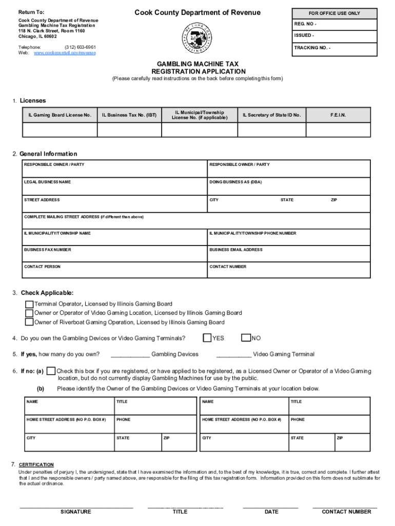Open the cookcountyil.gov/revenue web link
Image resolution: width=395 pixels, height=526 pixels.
click(x=65, y=53)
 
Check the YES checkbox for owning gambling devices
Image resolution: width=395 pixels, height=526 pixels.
click(x=207, y=338)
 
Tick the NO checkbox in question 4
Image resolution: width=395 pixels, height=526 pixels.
click(x=246, y=338)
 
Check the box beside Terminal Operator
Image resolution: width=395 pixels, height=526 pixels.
click(x=30, y=304)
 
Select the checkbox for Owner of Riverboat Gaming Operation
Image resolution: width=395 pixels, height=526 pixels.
click(x=30, y=323)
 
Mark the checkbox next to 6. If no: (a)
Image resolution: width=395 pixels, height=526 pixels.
click(x=51, y=371)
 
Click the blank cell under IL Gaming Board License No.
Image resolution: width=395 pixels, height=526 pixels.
click(x=60, y=130)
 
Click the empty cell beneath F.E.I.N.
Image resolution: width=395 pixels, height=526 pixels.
click(x=338, y=130)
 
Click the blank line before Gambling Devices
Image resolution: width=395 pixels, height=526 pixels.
click(x=130, y=355)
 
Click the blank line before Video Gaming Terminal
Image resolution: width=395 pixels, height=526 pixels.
click(x=234, y=355)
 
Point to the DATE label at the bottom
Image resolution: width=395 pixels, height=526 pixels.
click(x=271, y=512)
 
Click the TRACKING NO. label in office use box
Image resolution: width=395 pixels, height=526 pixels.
click(x=312, y=48)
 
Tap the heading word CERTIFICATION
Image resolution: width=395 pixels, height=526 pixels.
click(x=36, y=464)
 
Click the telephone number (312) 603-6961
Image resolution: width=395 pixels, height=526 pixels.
click(x=80, y=47)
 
